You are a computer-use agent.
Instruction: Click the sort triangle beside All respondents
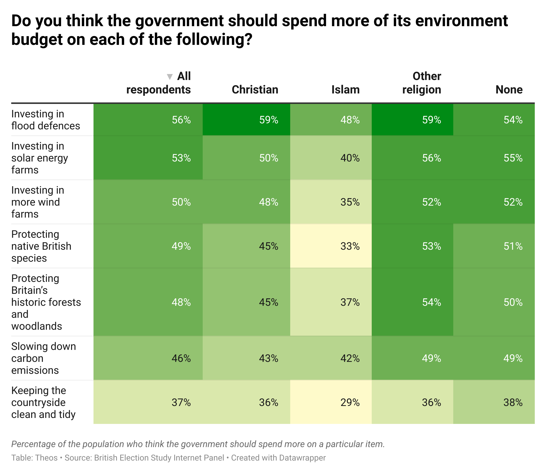tap(170, 77)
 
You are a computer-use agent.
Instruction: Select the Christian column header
tap(255, 90)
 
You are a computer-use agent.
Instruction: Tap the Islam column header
tap(345, 90)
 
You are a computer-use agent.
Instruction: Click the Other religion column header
tap(422, 83)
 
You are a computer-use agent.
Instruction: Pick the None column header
tap(509, 90)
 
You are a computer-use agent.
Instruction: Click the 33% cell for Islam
tap(350, 246)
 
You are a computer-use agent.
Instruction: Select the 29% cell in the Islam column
tap(350, 402)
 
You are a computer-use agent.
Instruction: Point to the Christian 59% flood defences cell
tap(268, 120)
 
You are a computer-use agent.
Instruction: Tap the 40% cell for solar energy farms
tap(350, 158)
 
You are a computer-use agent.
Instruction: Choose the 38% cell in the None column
tap(513, 402)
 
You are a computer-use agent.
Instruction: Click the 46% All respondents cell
tap(181, 358)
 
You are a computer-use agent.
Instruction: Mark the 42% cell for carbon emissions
tap(350, 358)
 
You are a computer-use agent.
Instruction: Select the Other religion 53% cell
tap(431, 246)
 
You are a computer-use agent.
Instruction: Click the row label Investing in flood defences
tap(46, 120)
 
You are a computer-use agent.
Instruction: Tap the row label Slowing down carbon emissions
tap(43, 358)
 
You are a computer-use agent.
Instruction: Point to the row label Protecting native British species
tap(41, 246)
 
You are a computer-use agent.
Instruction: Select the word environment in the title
tap(461, 21)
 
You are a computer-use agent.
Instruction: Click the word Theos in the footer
tap(46, 458)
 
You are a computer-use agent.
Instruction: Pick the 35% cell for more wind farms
tap(350, 202)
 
